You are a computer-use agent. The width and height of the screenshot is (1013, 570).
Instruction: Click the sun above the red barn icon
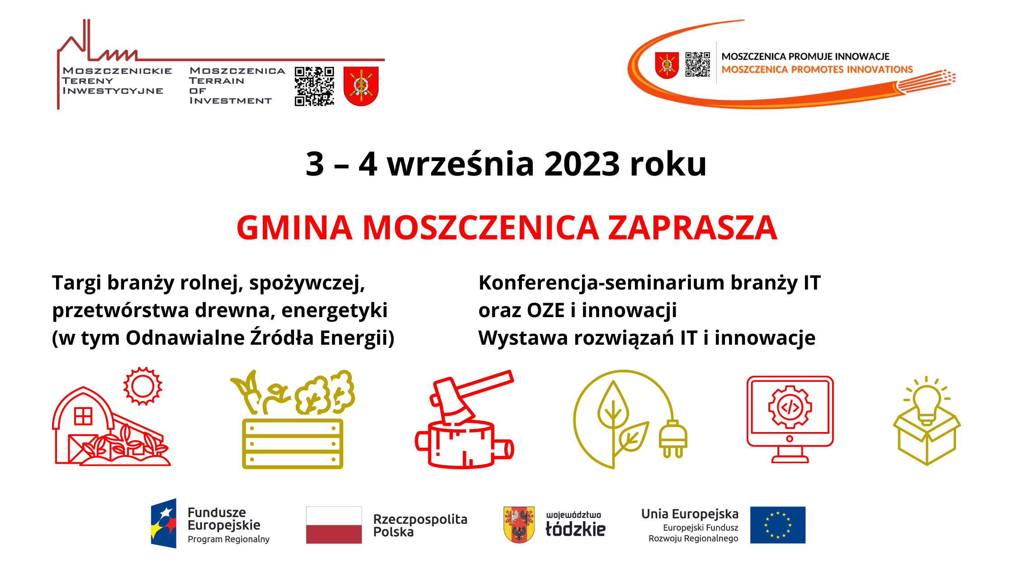pos(143,386)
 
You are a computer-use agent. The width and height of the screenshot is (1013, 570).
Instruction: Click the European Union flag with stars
pos(777,525)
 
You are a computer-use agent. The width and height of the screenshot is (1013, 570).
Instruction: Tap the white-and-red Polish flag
pos(334,525)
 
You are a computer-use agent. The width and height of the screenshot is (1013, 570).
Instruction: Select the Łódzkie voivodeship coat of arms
pos(519,524)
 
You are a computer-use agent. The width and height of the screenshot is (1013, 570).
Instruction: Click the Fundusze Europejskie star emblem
pos(164,523)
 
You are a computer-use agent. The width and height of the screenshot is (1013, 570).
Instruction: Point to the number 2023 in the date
pos(582,164)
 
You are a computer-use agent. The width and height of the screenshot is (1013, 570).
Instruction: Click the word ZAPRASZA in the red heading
pos(692,228)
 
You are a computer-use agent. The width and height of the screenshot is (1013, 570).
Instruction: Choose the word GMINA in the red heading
pos(294,228)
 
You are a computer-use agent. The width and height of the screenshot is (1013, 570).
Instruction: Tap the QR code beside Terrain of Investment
pos(314,86)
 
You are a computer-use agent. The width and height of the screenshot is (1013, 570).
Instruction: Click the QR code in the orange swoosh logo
pos(697,65)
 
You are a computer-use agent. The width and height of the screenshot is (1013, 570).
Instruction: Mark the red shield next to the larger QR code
pos(361,86)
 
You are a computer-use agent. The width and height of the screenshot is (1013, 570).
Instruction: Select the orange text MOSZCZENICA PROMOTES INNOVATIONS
pos(817,70)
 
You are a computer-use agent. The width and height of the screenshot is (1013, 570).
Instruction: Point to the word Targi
pos(76,283)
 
